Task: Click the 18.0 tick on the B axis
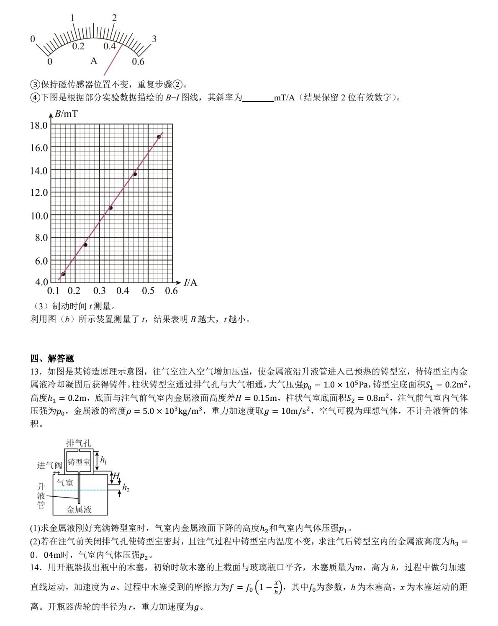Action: pyautogui.click(x=39, y=125)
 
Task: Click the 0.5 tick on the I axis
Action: pyautogui.click(x=148, y=291)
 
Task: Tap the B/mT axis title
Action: pyautogui.click(x=66, y=114)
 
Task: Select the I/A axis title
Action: pyautogui.click(x=190, y=282)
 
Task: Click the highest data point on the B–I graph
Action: pyautogui.click(x=159, y=137)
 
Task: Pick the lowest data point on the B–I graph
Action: pyautogui.click(x=63, y=274)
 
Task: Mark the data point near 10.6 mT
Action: pyautogui.click(x=111, y=208)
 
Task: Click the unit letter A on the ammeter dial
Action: pyautogui.click(x=94, y=61)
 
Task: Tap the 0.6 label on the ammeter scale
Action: pyautogui.click(x=138, y=62)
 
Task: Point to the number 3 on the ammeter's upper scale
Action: pyautogui.click(x=154, y=39)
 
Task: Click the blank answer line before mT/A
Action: pyautogui.click(x=258, y=98)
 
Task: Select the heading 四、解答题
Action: pyautogui.click(x=52, y=358)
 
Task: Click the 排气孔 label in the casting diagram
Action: pyautogui.click(x=79, y=443)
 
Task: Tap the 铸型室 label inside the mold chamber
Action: pyautogui.click(x=79, y=462)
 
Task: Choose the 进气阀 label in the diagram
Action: pyautogui.click(x=49, y=465)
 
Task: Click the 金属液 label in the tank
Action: pyautogui.click(x=79, y=509)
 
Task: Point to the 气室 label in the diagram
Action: pyautogui.click(x=65, y=482)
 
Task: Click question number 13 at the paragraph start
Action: pyautogui.click(x=35, y=372)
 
